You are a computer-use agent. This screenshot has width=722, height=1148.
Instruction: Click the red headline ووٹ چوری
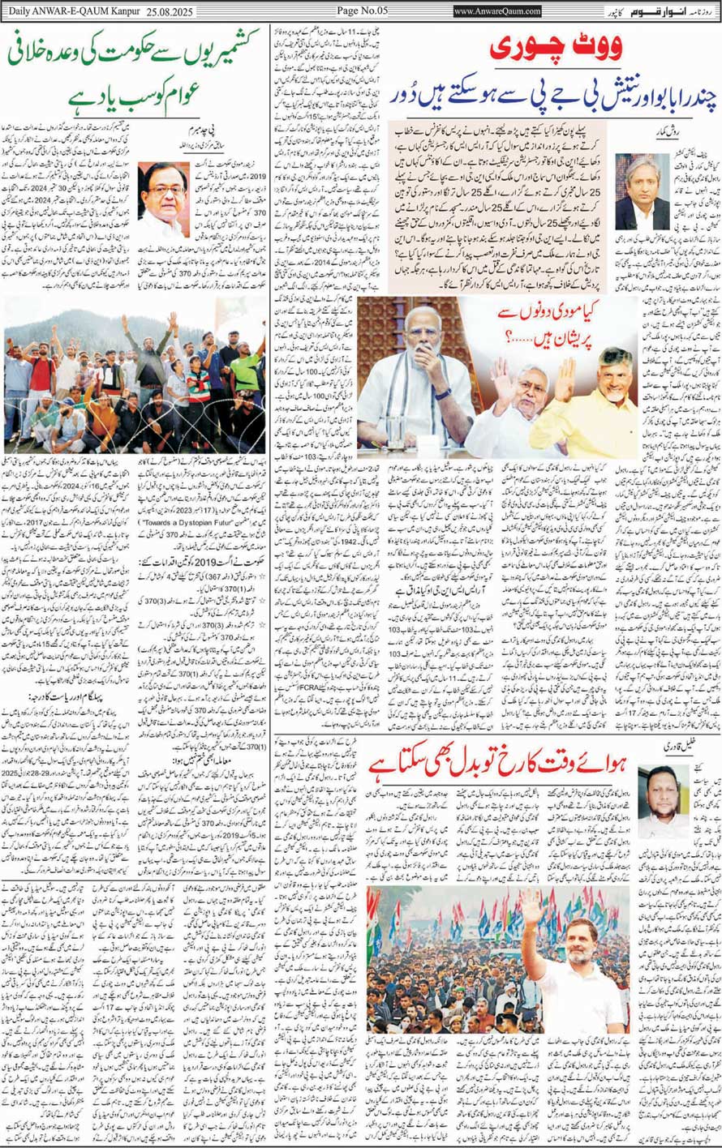556,50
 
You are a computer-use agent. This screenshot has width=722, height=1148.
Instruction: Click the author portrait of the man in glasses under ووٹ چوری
642,190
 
